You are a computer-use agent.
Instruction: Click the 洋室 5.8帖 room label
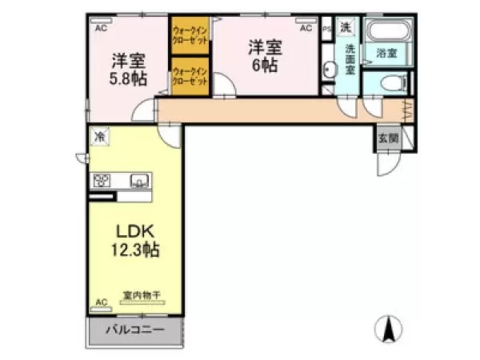tap(128, 68)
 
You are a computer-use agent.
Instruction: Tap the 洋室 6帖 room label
tap(264, 56)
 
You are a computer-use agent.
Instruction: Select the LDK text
tap(134, 232)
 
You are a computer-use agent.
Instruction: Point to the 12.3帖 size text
tap(134, 250)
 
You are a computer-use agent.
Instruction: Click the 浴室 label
tap(387, 54)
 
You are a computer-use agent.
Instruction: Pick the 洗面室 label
tap(350, 58)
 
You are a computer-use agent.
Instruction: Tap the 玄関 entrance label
tap(388, 138)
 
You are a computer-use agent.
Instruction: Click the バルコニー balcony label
tap(134, 330)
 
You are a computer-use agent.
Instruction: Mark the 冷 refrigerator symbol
tap(101, 137)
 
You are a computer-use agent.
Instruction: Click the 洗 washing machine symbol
tap(345, 28)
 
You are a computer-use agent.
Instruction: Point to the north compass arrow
tap(390, 328)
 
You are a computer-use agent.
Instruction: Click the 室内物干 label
tap(142, 295)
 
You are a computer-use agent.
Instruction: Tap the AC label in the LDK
tap(101, 302)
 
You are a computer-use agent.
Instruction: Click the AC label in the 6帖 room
tap(305, 28)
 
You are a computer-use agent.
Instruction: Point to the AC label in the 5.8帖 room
tap(101, 28)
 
